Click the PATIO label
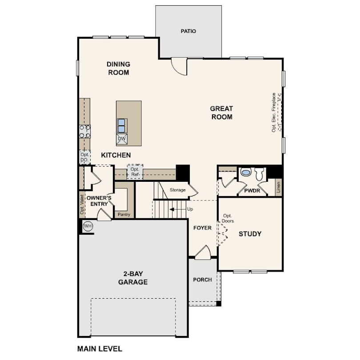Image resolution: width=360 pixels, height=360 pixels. (x=188, y=31)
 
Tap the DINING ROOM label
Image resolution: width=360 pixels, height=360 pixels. (x=119, y=68)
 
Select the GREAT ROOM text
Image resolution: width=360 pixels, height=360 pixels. (x=222, y=112)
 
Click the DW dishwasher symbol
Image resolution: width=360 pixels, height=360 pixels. (x=122, y=139)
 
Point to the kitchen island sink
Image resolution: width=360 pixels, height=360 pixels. (x=122, y=126)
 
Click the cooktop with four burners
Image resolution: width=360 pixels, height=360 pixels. (x=85, y=132)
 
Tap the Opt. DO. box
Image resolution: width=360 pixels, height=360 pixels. (x=85, y=157)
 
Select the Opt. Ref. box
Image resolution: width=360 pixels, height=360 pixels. (x=135, y=172)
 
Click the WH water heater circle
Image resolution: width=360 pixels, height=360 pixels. (x=88, y=226)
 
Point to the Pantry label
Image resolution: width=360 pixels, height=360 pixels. (x=124, y=214)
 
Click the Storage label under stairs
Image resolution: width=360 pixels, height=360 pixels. (x=177, y=190)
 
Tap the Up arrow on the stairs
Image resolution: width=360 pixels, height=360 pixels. (x=178, y=209)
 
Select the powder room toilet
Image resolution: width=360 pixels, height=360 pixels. (x=260, y=174)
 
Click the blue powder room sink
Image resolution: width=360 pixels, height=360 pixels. (x=246, y=172)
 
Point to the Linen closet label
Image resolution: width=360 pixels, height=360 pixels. (x=279, y=188)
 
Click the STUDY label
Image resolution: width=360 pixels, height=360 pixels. (x=250, y=234)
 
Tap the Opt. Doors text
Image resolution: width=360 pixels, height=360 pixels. (x=228, y=218)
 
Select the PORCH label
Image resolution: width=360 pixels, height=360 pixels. (x=203, y=280)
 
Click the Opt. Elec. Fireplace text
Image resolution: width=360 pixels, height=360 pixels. (x=274, y=112)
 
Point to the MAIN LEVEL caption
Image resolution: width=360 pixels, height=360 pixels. (x=100, y=349)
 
